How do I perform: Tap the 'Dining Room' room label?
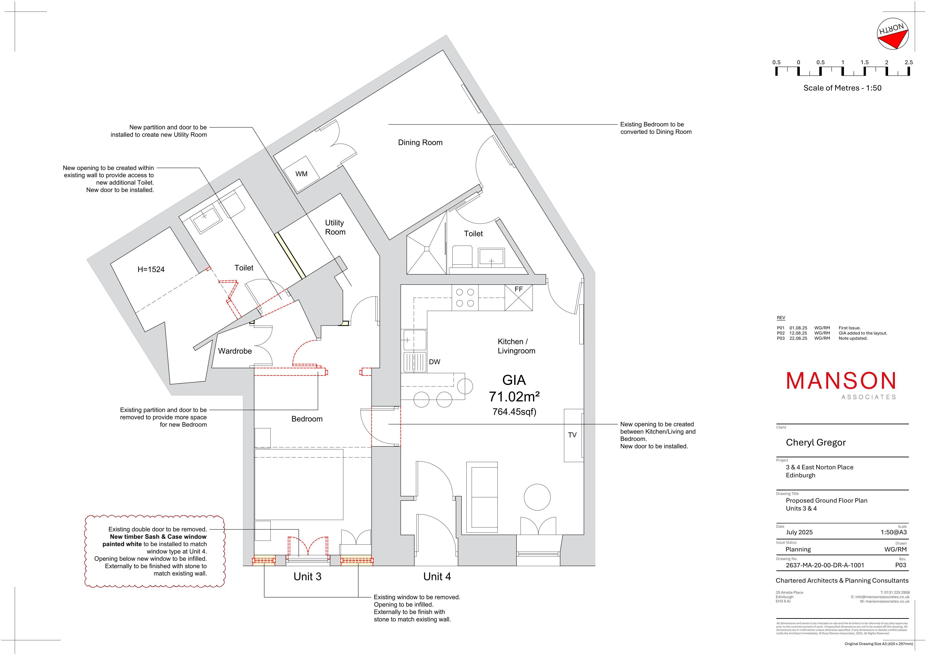coord(420,142)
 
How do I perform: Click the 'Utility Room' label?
coord(335,227)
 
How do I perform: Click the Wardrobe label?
coord(235,351)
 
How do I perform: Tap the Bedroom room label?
coord(307,419)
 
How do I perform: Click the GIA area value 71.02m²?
coord(514,397)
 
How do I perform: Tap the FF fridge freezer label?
coord(519,289)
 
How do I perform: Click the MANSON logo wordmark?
coord(841,381)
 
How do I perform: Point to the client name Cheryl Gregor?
coord(816,442)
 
